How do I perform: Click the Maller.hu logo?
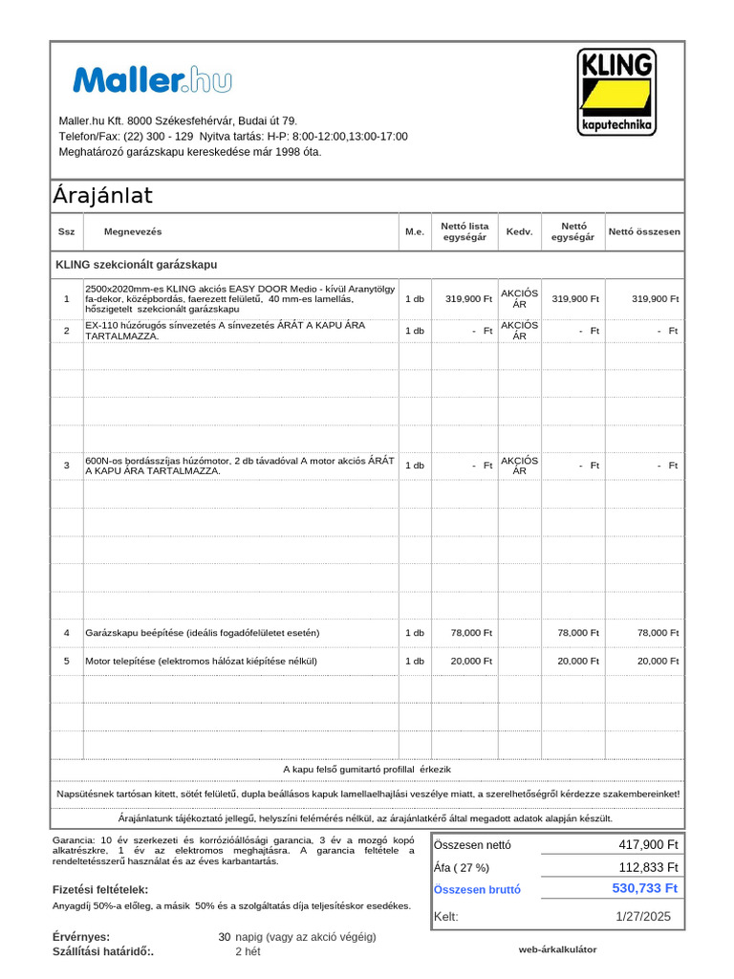point(152,80)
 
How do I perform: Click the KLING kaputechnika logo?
point(616,93)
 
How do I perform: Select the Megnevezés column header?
point(133,232)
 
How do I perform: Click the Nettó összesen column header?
point(644,232)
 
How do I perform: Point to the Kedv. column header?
point(519,232)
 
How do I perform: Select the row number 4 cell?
point(66,633)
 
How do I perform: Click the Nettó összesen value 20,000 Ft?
point(658,661)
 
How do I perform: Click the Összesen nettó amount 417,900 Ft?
point(649,844)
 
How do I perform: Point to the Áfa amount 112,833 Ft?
point(649,867)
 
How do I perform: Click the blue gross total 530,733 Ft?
point(645,889)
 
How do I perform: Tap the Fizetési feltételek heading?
point(99,889)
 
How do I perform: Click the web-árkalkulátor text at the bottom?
point(557,949)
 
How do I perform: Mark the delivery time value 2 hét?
point(248,951)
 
